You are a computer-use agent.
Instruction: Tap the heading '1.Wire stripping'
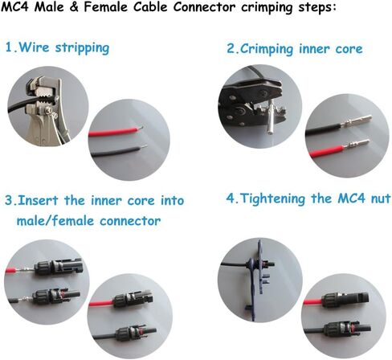[x=57, y=48]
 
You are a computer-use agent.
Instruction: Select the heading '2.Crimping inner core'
[x=295, y=49]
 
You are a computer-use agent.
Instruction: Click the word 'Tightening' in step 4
[x=273, y=199]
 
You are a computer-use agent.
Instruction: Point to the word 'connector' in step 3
[x=130, y=221]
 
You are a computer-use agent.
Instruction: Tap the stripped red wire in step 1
[x=116, y=132]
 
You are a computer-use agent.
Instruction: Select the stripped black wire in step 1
[x=119, y=152]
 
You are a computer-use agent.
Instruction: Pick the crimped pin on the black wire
[x=355, y=121]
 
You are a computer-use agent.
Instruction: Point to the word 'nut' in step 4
[x=380, y=199]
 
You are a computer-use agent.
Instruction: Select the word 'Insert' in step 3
[x=38, y=200]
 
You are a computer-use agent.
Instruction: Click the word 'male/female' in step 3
[x=55, y=221]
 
